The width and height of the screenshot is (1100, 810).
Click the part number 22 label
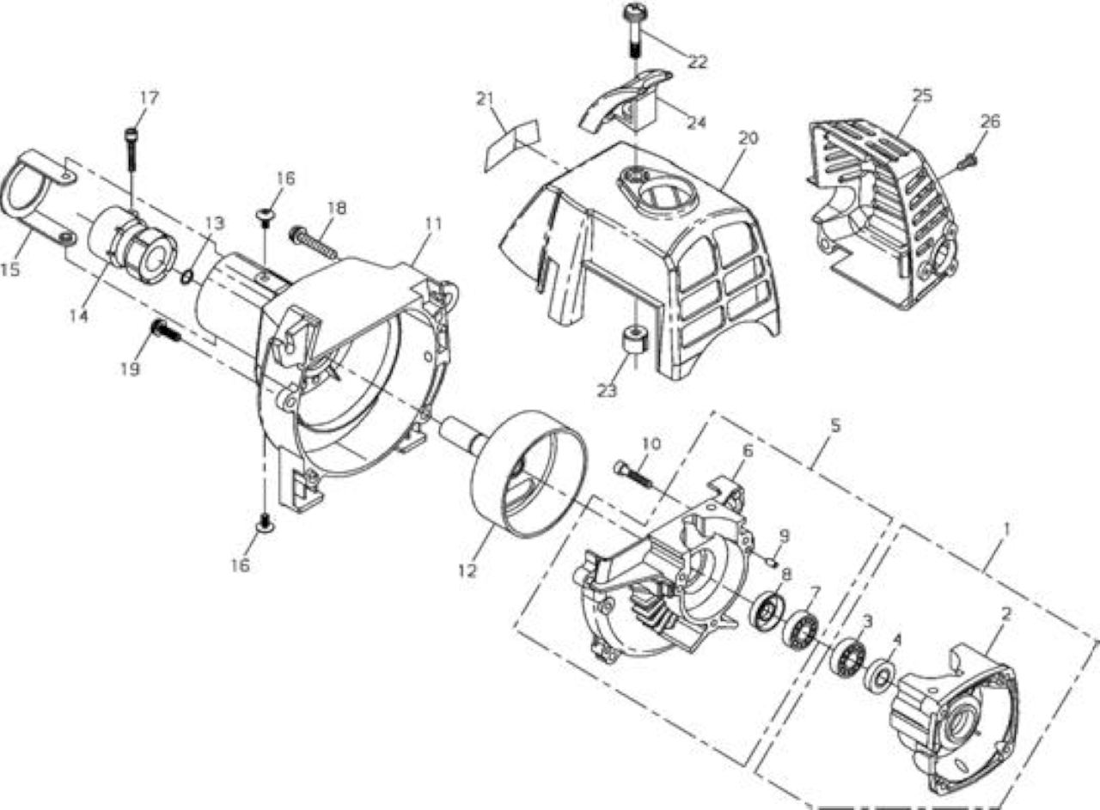click(x=696, y=62)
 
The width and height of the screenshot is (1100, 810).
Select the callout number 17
click(x=150, y=98)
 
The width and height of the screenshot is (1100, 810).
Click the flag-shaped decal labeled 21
click(x=511, y=145)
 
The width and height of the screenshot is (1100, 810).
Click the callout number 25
click(x=922, y=95)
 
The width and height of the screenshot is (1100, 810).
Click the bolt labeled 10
click(x=633, y=475)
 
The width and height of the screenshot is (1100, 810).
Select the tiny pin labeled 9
click(x=772, y=560)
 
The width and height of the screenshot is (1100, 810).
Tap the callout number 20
click(x=748, y=138)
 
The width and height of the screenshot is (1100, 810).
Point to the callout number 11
click(x=433, y=224)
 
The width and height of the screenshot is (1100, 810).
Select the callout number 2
click(x=1006, y=614)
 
